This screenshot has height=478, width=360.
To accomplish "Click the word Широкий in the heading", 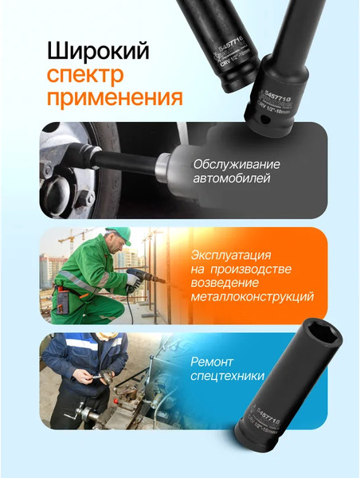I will pos(98,52).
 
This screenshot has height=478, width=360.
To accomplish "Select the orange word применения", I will pos(115,99).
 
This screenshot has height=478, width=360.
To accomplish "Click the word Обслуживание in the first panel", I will pos(237,164).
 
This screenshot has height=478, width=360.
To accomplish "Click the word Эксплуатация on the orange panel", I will pos(232,257).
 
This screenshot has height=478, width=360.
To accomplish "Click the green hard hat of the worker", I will pos(118,234).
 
